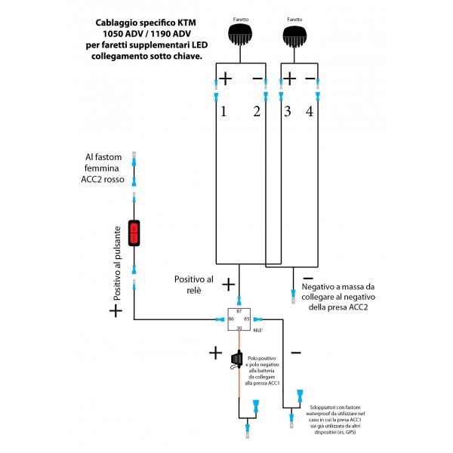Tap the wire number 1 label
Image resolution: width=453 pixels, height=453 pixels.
(x=223, y=112)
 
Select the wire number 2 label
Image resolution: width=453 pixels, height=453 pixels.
(x=257, y=112)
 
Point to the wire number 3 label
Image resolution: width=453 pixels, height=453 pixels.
(x=288, y=112)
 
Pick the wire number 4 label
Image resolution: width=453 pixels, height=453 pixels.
(x=310, y=112)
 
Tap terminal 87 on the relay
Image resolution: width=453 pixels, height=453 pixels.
(x=240, y=310)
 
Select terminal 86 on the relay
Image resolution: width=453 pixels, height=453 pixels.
(x=230, y=319)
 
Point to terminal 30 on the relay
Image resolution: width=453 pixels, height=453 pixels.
(x=240, y=328)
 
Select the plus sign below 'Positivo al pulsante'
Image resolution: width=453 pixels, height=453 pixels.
(x=116, y=310)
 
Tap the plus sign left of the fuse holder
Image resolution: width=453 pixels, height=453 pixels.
(x=215, y=353)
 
